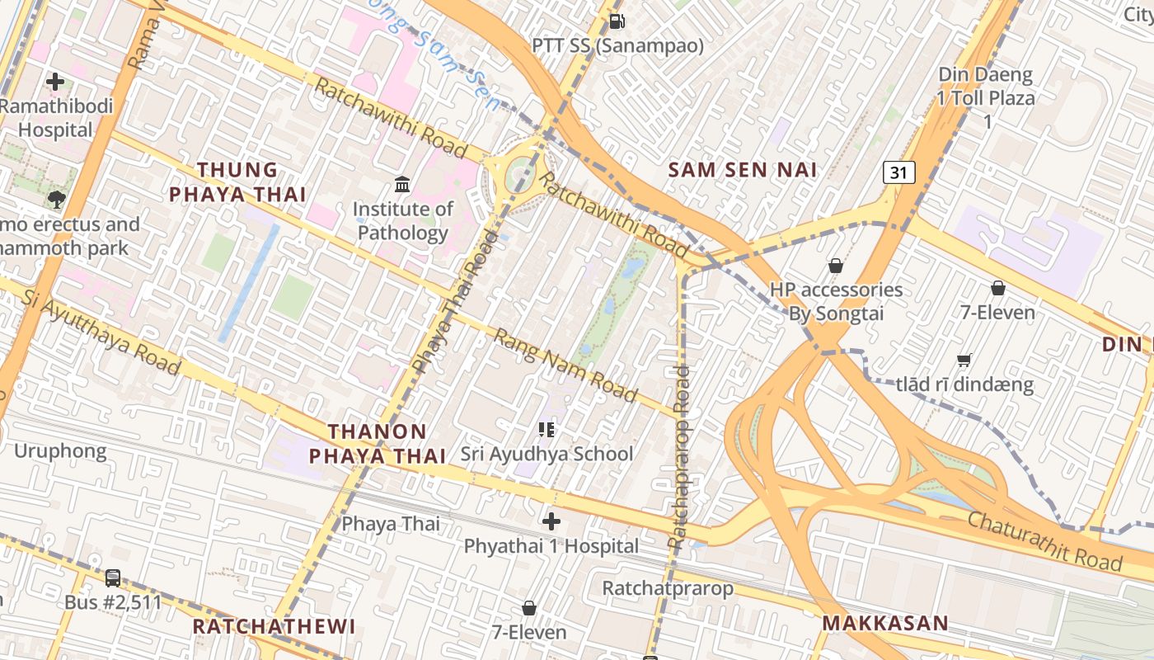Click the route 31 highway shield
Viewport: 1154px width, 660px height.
pyautogui.click(x=898, y=172)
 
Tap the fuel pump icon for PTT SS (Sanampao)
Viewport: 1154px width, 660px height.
pyautogui.click(x=616, y=21)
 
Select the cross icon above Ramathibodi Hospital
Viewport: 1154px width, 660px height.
pyautogui.click(x=55, y=82)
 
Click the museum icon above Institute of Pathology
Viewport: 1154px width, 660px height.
pyautogui.click(x=402, y=184)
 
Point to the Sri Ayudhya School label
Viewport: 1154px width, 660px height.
pyautogui.click(x=547, y=454)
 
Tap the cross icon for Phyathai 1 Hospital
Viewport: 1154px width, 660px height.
pyautogui.click(x=551, y=521)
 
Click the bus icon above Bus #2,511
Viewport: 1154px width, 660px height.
pyautogui.click(x=113, y=578)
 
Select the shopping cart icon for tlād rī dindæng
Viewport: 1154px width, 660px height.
pyautogui.click(x=964, y=361)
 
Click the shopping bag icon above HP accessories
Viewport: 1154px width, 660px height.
pyautogui.click(x=836, y=266)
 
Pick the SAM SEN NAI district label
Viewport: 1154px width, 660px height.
pyautogui.click(x=743, y=170)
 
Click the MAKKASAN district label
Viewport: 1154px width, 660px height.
pyautogui.click(x=885, y=623)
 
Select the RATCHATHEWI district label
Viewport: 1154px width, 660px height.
pyautogui.click(x=274, y=626)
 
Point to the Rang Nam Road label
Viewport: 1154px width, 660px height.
pyautogui.click(x=565, y=365)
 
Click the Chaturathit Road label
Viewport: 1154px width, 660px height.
pyautogui.click(x=1044, y=541)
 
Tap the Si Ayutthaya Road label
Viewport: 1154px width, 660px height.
pyautogui.click(x=101, y=332)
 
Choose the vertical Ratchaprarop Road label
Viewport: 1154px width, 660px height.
pyautogui.click(x=680, y=458)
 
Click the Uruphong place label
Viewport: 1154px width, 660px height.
pyautogui.click(x=60, y=451)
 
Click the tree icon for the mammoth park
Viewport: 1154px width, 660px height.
pyautogui.click(x=56, y=199)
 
